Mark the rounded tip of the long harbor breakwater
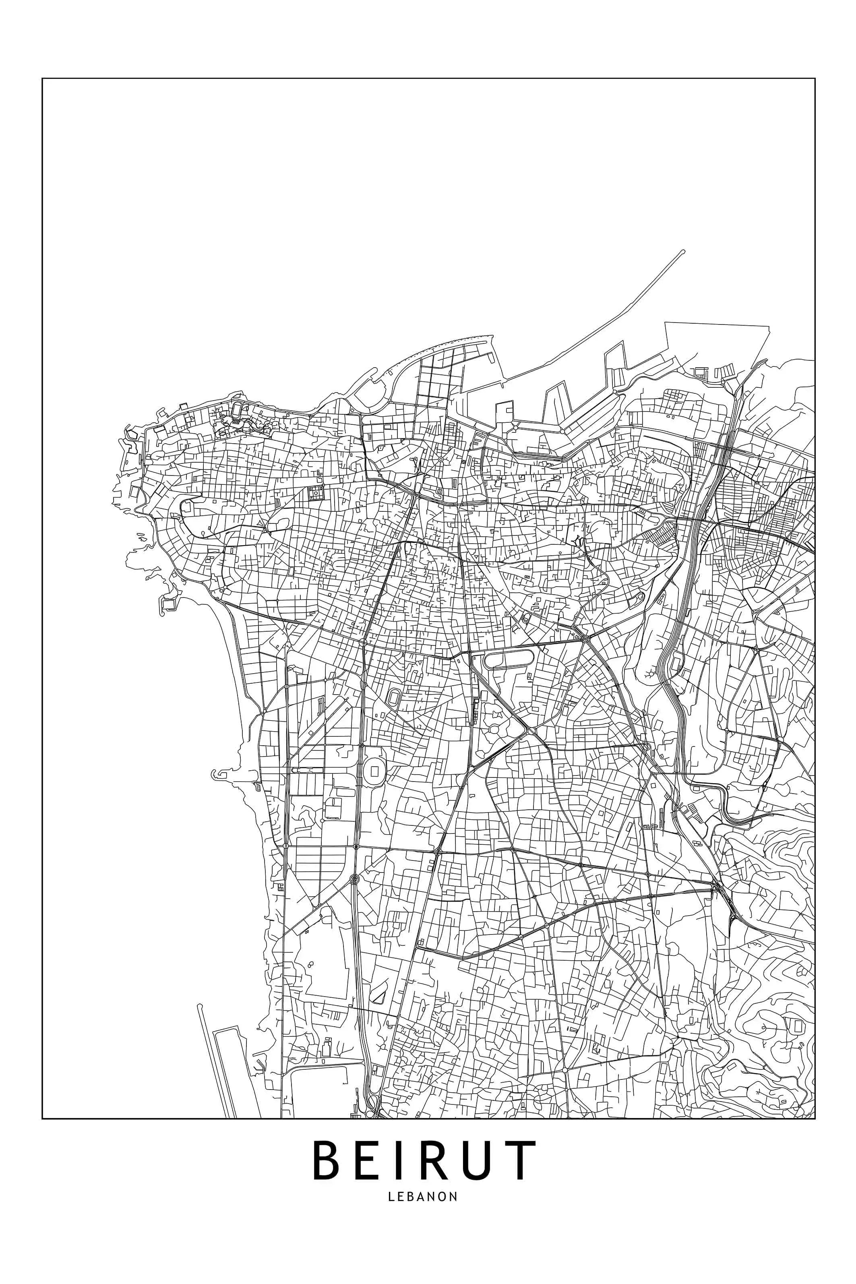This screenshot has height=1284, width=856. (683, 252)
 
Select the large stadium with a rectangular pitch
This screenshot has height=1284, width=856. (374, 770)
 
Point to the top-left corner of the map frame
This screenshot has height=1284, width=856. (43, 79)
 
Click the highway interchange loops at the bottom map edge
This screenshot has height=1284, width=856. (372, 1114)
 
